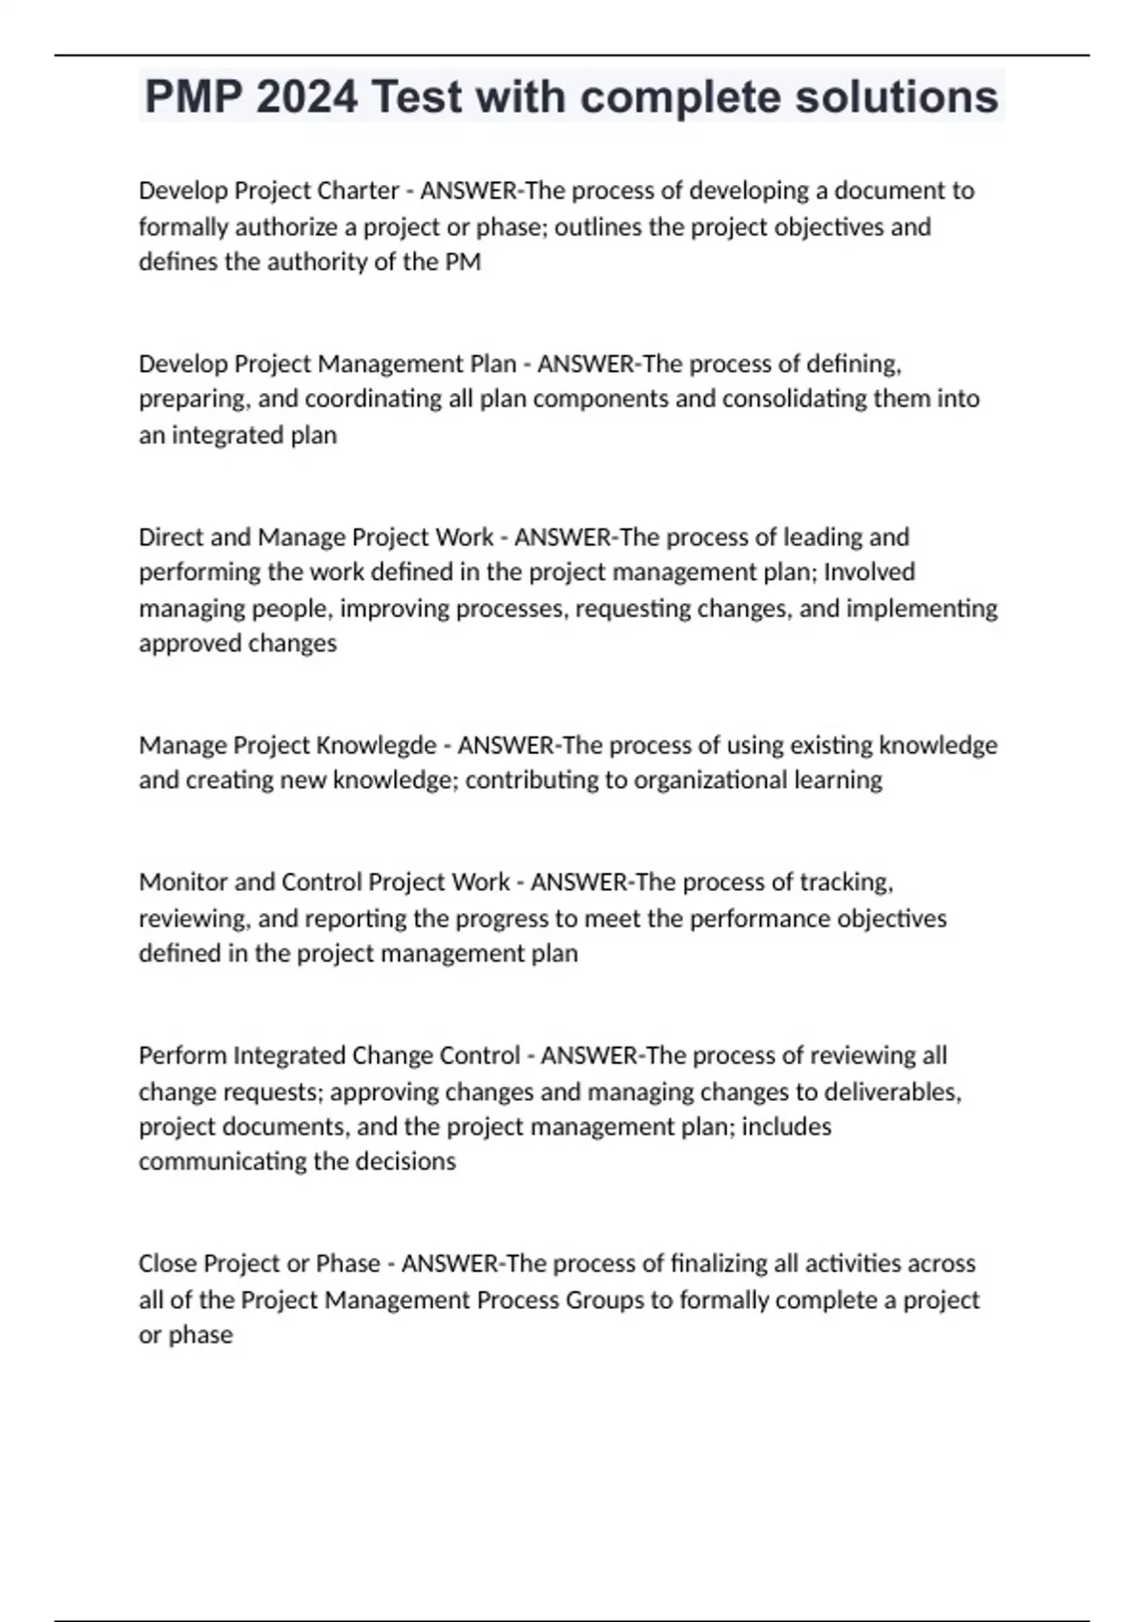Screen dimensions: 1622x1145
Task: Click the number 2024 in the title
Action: point(307,96)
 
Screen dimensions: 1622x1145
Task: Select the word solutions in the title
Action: point(896,96)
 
